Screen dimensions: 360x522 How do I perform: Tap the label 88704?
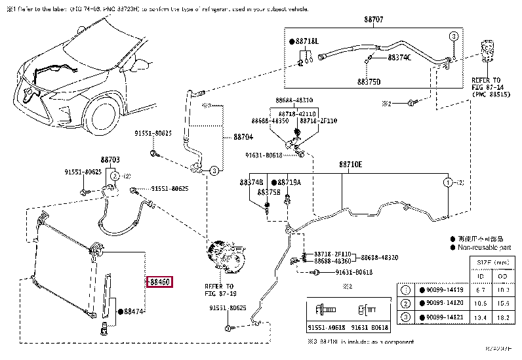243,137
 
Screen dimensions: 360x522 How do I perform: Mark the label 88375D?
369,81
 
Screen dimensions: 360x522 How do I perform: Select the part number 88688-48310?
294,100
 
